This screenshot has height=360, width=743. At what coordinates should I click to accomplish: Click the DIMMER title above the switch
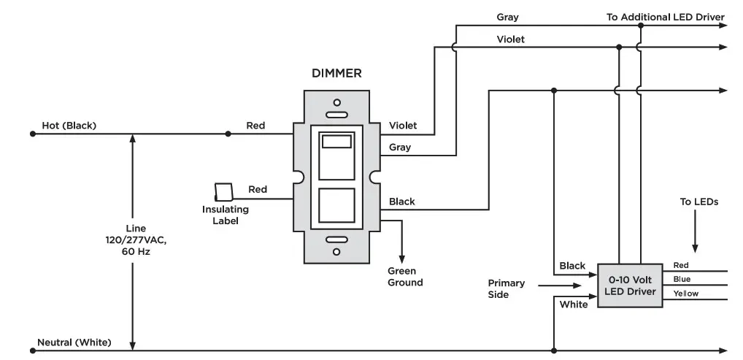[336, 74]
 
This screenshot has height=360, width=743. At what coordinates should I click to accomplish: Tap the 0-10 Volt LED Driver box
[630, 286]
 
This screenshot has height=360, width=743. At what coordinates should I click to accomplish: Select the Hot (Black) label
[69, 126]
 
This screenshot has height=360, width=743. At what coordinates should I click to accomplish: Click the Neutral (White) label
[74, 342]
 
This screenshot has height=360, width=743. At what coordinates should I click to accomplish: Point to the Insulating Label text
[225, 215]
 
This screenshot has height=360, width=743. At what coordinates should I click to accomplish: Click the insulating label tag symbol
[223, 191]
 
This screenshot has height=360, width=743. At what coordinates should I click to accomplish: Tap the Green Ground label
[405, 277]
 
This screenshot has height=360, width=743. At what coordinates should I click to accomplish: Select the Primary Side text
[506, 289]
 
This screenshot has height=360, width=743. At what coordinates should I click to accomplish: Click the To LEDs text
[699, 202]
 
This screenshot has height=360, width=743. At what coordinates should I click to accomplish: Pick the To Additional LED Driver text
[666, 17]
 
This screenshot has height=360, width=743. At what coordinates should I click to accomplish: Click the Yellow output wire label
[685, 294]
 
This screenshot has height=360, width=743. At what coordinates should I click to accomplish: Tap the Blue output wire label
[682, 280]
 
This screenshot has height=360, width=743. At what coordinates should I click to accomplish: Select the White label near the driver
[574, 305]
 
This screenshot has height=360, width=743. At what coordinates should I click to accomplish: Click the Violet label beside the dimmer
[403, 126]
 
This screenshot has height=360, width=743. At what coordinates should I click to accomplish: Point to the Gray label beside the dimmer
[400, 148]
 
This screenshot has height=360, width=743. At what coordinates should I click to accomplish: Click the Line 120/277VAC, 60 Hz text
[136, 240]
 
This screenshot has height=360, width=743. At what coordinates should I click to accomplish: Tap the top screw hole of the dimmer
[337, 102]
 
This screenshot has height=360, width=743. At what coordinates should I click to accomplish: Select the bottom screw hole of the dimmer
[337, 251]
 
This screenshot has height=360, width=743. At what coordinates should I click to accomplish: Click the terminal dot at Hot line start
[33, 134]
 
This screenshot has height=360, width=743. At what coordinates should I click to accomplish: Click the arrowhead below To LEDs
[695, 248]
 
